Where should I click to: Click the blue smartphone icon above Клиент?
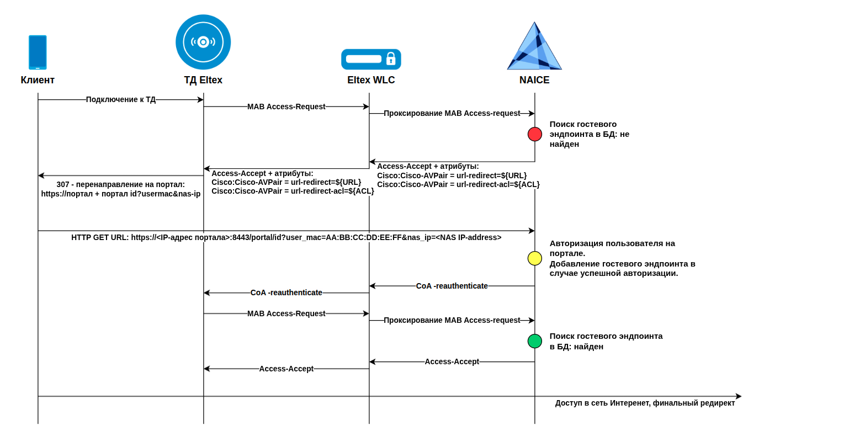[x=38, y=52]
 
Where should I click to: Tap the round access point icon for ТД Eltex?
[x=203, y=42]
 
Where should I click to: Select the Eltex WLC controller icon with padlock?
[x=371, y=59]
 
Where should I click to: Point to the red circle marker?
[x=535, y=134]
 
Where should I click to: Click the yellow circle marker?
[x=535, y=258]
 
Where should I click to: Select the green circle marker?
[x=535, y=341]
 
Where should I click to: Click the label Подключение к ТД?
[x=121, y=99]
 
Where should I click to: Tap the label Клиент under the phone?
[x=38, y=80]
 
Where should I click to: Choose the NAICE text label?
[x=534, y=80]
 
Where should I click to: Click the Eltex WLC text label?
[x=371, y=80]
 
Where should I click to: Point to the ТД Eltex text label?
[x=203, y=80]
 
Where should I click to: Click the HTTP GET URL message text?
[x=286, y=237]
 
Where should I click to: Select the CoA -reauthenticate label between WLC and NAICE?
[x=452, y=286]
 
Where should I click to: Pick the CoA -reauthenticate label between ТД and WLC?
[x=286, y=292]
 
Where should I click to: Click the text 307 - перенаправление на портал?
[x=120, y=184]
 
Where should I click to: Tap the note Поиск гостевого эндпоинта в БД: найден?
[x=606, y=341]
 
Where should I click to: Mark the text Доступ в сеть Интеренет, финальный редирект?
[x=645, y=403]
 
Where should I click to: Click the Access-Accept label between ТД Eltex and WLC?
[x=286, y=369]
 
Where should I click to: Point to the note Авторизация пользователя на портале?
[x=612, y=248]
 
